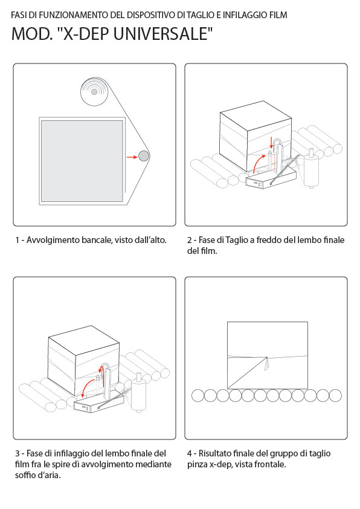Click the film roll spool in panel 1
tap(94, 92)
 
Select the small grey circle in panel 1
tap(144, 156)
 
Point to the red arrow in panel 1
tap(132, 157)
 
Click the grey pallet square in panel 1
tap(82, 161)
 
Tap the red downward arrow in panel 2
tap(271, 143)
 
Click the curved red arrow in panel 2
tap(259, 163)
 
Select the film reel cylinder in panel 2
tap(311, 169)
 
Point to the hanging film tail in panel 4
tap(267, 364)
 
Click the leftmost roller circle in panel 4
tap(198, 396)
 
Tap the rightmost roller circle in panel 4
tap(335, 396)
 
